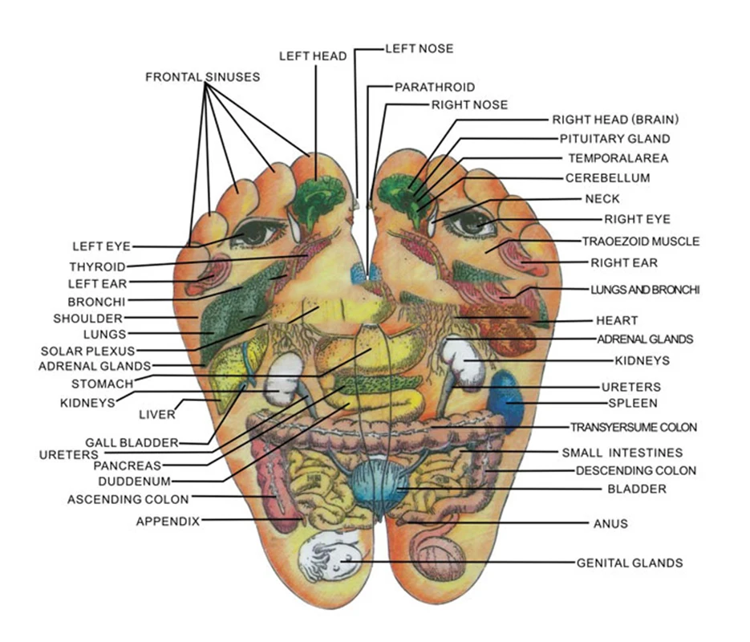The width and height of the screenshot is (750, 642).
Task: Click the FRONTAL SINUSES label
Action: (x=202, y=77)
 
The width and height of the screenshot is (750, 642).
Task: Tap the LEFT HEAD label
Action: (x=313, y=56)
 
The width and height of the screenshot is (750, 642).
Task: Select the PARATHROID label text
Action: (x=434, y=87)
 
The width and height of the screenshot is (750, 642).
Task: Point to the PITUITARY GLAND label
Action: (x=614, y=139)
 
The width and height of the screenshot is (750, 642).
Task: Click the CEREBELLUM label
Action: (x=607, y=177)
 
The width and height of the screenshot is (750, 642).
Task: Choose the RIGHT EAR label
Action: (x=624, y=262)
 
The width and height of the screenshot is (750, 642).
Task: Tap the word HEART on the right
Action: (x=617, y=320)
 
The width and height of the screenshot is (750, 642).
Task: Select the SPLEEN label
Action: (x=632, y=403)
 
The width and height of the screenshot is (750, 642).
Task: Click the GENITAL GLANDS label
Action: (x=630, y=563)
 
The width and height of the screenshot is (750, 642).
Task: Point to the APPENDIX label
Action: (x=168, y=521)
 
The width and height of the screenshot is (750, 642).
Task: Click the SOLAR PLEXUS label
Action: (x=88, y=351)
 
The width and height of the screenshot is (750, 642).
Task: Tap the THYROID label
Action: (x=97, y=266)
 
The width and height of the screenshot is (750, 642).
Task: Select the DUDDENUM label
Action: (x=134, y=481)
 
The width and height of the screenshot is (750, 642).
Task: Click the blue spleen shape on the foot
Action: (x=507, y=397)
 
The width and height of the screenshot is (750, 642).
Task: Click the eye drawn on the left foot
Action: (x=258, y=233)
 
